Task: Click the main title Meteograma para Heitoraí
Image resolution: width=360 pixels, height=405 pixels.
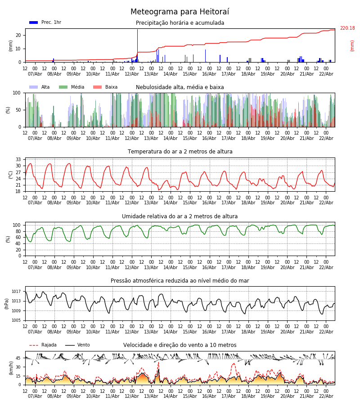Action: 180,12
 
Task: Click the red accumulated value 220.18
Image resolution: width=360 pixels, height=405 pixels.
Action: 347,28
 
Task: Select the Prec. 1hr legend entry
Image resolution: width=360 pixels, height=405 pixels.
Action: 45,22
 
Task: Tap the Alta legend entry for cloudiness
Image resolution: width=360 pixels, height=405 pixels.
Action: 40,87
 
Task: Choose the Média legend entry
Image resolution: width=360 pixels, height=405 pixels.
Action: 72,87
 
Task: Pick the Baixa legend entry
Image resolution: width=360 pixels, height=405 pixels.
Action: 105,87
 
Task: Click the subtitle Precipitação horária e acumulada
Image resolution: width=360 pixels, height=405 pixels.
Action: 180,23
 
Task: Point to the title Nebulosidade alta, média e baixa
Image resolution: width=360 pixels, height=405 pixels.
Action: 180,87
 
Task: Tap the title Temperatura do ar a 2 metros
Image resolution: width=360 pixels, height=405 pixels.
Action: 180,152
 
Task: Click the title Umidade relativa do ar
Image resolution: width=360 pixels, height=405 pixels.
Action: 180,216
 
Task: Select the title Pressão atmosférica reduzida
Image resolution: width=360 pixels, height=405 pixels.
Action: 180,281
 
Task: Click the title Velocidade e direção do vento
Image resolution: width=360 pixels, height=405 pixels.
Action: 180,345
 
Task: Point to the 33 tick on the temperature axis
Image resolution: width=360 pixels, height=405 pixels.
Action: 18,160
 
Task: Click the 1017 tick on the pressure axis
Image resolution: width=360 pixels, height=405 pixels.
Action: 16,292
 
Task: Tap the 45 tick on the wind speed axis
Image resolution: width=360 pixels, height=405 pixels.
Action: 18,358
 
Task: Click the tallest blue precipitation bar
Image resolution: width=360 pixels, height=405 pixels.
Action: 137,45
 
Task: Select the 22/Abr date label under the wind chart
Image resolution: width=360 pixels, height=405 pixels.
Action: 326,396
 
